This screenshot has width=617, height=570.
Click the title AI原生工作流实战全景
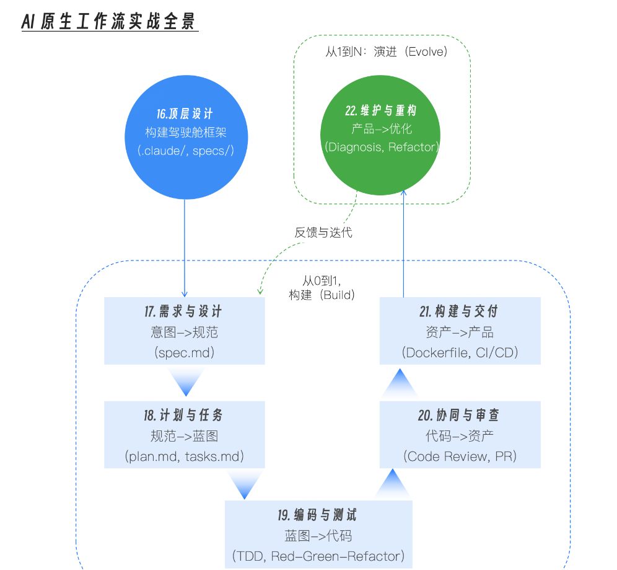tap(109, 22)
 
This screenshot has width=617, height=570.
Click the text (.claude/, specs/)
tap(185, 150)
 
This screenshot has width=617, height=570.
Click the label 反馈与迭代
tap(323, 233)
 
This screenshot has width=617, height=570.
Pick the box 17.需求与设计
tap(185, 331)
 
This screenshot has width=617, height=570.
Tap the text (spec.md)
tap(185, 352)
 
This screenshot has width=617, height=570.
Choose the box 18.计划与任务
tap(185, 434)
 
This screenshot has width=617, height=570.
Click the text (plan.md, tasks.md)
tap(185, 456)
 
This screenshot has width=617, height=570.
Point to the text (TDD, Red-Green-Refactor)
tap(318, 555)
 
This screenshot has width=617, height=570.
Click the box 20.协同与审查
tap(460, 434)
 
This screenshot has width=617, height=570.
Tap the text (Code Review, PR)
tap(460, 456)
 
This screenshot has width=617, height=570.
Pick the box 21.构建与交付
tap(460, 331)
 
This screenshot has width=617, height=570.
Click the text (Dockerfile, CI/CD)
tap(460, 352)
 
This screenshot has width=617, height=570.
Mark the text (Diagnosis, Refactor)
tap(381, 148)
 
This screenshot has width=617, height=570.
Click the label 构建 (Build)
tap(322, 295)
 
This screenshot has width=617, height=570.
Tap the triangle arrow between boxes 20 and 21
tap(400, 383)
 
